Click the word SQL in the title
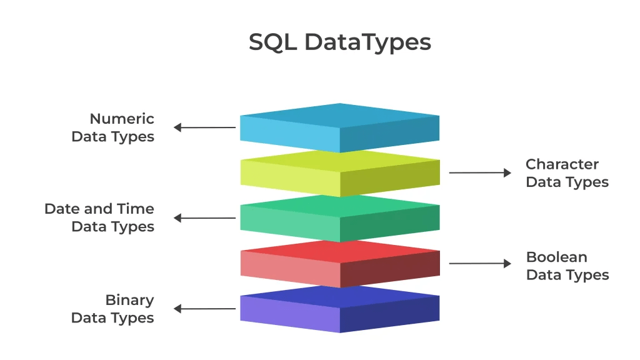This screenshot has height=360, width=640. (272, 42)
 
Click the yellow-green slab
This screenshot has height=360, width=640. (339, 173)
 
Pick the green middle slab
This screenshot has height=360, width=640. (339, 218)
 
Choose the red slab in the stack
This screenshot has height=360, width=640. (339, 263)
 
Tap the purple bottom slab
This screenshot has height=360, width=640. (339, 309)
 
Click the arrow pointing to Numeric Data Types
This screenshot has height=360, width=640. (205, 127)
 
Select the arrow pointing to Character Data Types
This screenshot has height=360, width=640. (480, 172)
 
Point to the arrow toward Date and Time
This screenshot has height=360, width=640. (205, 218)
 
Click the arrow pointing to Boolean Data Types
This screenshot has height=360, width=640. (480, 264)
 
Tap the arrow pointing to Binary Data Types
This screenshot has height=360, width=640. (205, 309)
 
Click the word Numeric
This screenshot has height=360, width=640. (122, 119)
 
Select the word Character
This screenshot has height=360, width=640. (562, 164)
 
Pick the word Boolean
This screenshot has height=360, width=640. (557, 257)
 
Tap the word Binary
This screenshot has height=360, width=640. (129, 300)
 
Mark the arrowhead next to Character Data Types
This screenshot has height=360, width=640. (507, 172)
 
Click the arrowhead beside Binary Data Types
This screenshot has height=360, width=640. (177, 309)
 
